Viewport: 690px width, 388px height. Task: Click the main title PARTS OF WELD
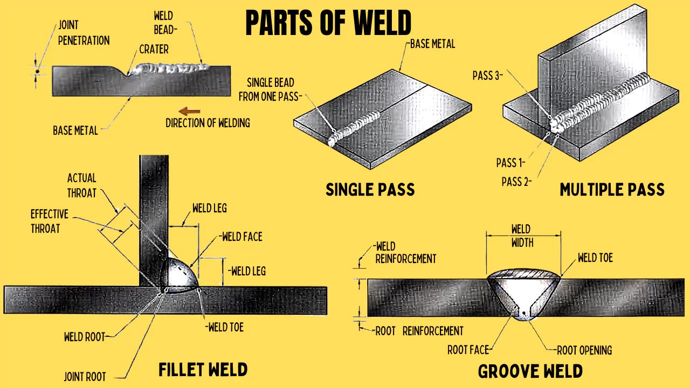[328, 23]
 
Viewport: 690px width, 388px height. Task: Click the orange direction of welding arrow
[189, 112]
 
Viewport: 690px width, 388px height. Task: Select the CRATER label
[154, 50]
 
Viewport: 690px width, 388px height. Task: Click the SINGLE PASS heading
[370, 190]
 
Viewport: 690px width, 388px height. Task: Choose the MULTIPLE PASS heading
[612, 190]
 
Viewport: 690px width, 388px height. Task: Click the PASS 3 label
[487, 76]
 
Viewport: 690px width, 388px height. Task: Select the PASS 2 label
[516, 182]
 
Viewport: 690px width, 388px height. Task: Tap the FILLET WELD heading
[203, 370]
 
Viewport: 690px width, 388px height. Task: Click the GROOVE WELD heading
[530, 371]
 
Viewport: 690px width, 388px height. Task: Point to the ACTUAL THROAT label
[81, 185]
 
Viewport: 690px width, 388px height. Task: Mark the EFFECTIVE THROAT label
[49, 221]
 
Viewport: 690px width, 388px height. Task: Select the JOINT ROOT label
[85, 377]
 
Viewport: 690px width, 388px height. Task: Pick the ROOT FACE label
[467, 350]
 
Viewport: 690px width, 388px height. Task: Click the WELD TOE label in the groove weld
[595, 258]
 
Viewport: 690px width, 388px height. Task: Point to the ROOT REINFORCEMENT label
[419, 331]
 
